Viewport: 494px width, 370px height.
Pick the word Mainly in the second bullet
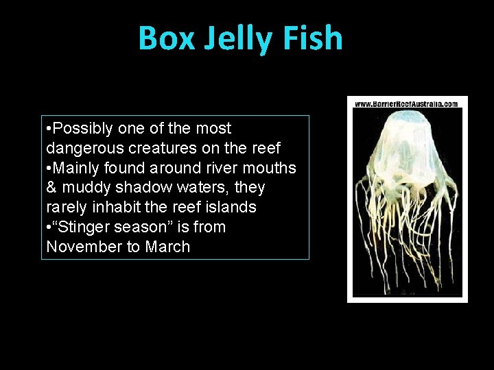(77, 168)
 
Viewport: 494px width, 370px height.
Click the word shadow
(143, 188)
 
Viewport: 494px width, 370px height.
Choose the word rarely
(65, 207)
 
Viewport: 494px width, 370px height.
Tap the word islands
(233, 207)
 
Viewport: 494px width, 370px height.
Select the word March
(167, 247)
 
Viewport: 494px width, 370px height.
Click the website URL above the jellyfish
(407, 104)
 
